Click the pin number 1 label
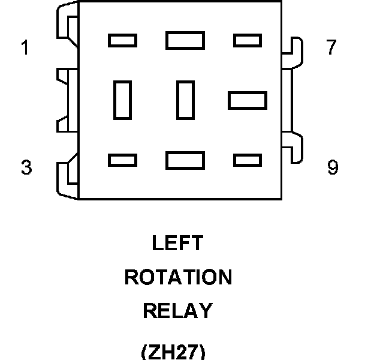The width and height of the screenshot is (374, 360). click(x=25, y=47)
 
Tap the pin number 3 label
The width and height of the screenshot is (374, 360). click(x=26, y=167)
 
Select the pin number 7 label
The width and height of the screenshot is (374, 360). click(x=331, y=47)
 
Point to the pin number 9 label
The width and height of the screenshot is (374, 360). click(x=333, y=167)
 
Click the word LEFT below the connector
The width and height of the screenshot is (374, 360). click(x=178, y=243)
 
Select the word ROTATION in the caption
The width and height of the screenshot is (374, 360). click(x=178, y=277)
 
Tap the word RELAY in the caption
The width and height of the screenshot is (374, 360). click(x=178, y=311)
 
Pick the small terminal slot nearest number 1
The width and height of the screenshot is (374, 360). click(x=122, y=40)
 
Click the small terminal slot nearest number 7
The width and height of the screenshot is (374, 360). click(x=247, y=40)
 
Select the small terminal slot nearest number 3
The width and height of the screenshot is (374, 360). click(x=122, y=160)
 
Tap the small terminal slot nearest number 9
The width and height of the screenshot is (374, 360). click(x=247, y=160)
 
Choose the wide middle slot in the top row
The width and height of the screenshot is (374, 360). click(x=185, y=40)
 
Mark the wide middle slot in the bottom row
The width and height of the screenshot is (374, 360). click(x=185, y=160)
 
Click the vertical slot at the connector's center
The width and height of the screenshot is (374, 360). click(x=185, y=100)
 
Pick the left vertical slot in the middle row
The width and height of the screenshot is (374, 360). click(x=122, y=100)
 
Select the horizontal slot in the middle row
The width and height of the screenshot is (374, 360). click(x=247, y=100)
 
